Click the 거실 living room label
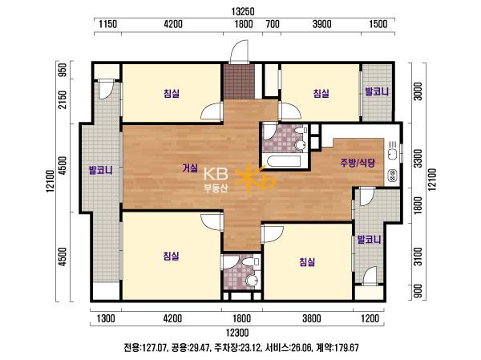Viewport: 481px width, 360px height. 190,168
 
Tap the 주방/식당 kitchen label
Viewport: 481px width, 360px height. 358,162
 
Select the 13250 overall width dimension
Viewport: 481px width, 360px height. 243,12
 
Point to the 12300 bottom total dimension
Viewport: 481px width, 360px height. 237,333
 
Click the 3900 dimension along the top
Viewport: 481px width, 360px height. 321,24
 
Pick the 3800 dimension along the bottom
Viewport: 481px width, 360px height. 311,318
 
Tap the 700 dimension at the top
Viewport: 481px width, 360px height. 273,24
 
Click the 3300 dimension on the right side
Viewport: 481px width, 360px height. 418,159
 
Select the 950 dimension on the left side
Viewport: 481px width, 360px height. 63,70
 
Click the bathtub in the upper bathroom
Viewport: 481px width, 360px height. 284,161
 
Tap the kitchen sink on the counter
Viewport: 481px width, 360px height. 392,153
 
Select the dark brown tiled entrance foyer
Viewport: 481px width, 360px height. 239,82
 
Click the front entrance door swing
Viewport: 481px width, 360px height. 239,51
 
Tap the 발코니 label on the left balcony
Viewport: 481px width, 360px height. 100,170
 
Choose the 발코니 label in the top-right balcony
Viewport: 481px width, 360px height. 377,91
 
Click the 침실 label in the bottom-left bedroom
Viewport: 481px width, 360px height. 172,255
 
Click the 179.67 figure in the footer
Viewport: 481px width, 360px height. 346,348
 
